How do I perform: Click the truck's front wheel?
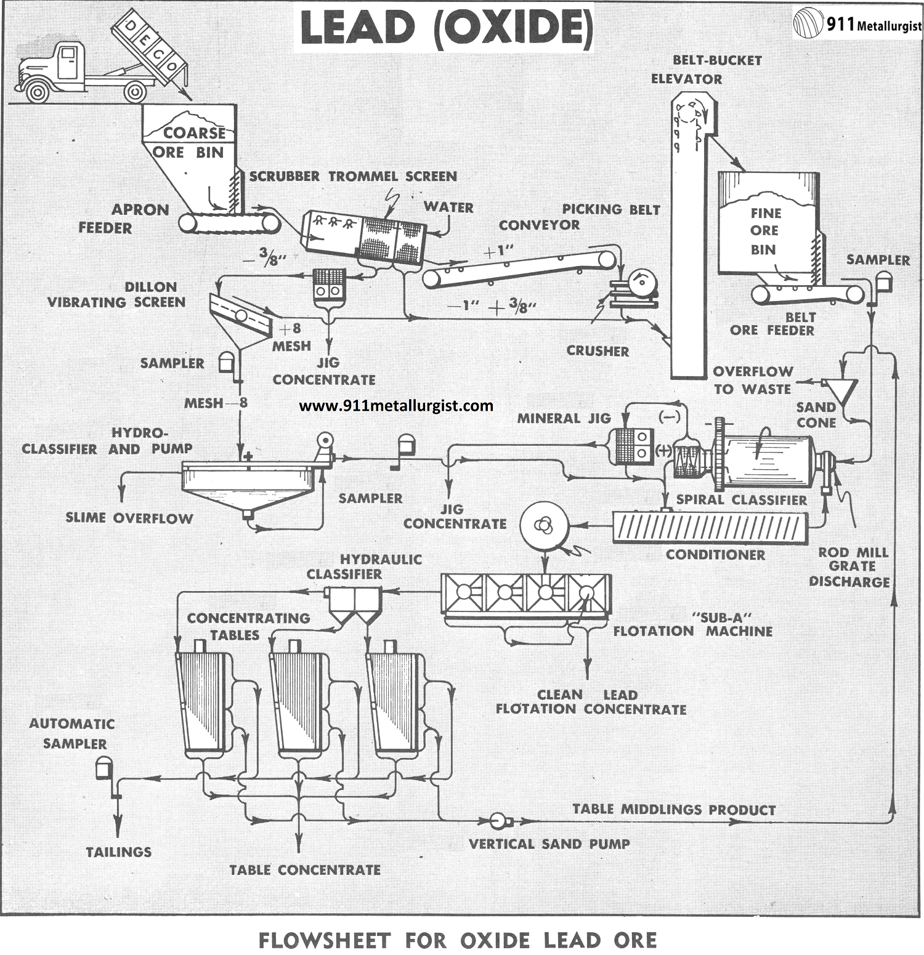tap(38, 92)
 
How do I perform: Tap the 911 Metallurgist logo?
tap(858, 24)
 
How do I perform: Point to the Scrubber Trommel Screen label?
tap(353, 177)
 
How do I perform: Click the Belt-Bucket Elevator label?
tap(707, 70)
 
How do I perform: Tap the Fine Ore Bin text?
tap(764, 231)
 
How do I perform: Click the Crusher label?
tap(598, 351)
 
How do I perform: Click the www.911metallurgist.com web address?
tap(396, 406)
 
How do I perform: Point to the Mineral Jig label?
tap(564, 419)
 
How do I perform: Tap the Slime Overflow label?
tap(129, 518)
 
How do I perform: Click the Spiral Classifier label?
tap(742, 500)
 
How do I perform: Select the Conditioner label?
tap(715, 555)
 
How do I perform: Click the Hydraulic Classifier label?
tap(364, 566)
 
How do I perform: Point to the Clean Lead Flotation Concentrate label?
tap(591, 702)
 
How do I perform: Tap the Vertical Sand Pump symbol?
tap(498, 820)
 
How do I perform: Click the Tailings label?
tap(119, 852)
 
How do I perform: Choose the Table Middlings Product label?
tap(674, 809)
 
